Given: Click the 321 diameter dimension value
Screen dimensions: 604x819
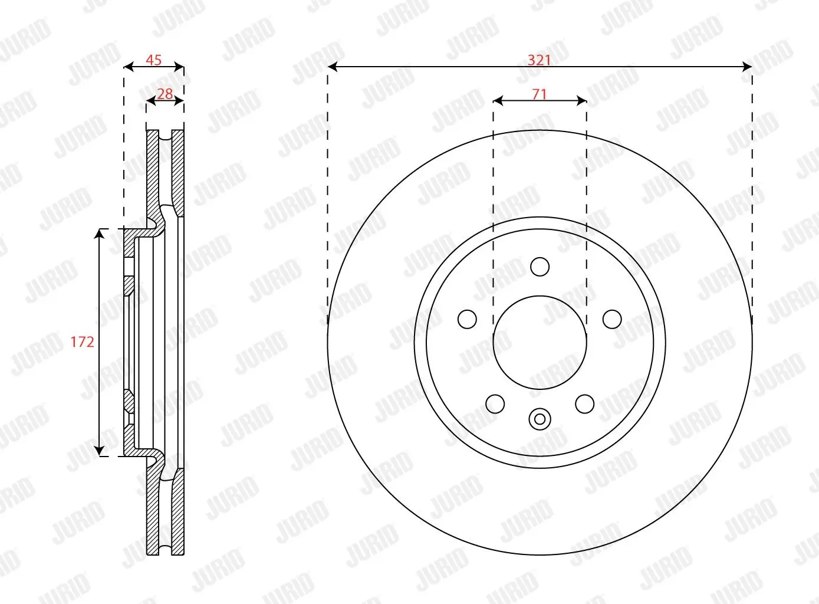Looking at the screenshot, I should pyautogui.click(x=539, y=60).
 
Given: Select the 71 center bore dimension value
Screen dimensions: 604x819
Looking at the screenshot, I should pyautogui.click(x=539, y=94).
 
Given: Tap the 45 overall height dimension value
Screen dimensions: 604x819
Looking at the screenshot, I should pyautogui.click(x=153, y=60).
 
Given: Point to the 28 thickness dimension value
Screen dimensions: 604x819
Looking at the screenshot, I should pyautogui.click(x=165, y=93).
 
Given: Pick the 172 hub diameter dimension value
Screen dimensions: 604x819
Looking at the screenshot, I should pyautogui.click(x=82, y=342).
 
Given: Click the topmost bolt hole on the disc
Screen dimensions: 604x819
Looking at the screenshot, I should pyautogui.click(x=540, y=267).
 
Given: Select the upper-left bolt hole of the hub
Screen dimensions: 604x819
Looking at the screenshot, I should pyautogui.click(x=467, y=319).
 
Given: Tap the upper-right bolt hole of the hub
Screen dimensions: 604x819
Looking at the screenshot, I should pyautogui.click(x=612, y=319).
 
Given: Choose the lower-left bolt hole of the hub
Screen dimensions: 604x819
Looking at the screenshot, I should pyautogui.click(x=495, y=404).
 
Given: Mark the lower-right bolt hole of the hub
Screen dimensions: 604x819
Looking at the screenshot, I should pyautogui.click(x=584, y=404).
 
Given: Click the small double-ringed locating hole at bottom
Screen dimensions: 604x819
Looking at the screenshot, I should pyautogui.click(x=540, y=419).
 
